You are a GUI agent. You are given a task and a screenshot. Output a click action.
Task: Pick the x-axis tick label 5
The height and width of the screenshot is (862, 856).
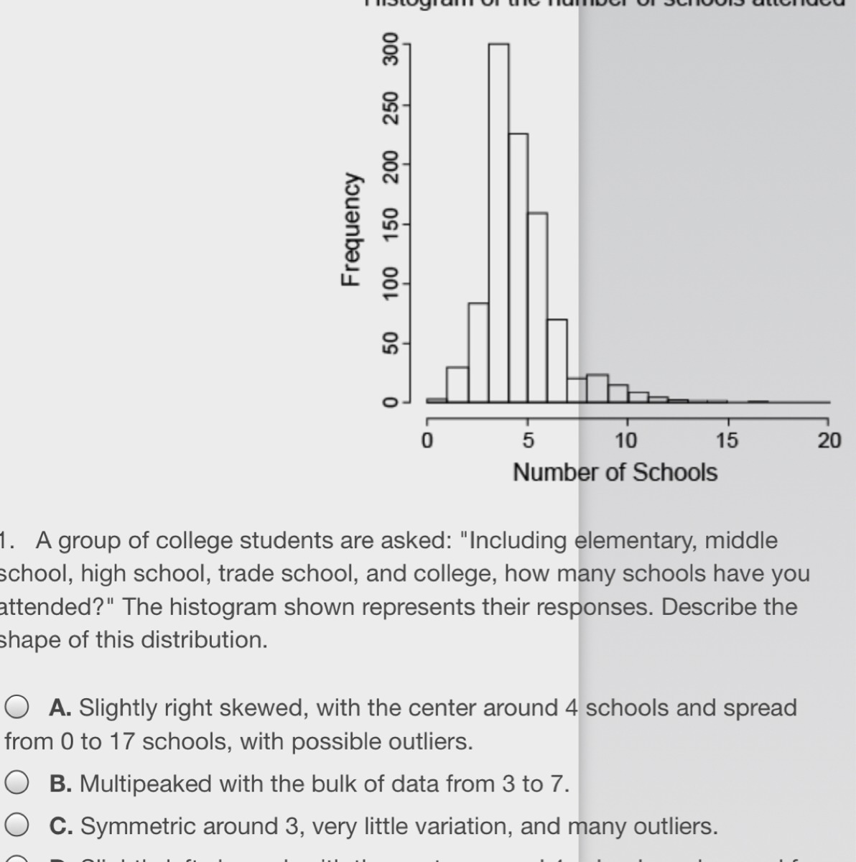tap(527, 440)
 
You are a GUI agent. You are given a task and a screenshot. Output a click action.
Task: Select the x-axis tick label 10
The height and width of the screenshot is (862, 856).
tap(627, 440)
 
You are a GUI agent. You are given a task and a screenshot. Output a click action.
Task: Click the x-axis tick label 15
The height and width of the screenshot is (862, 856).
tap(727, 440)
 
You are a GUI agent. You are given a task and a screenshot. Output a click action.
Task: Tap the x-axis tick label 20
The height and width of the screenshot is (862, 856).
tap(829, 440)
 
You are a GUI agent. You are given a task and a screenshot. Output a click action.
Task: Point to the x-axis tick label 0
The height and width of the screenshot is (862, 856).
tap(427, 440)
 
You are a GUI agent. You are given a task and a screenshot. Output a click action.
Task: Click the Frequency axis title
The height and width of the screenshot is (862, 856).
tap(350, 229)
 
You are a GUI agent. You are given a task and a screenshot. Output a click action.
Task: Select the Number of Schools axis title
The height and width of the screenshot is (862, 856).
tap(615, 473)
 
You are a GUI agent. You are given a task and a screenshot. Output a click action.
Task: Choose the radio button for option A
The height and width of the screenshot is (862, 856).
tap(17, 708)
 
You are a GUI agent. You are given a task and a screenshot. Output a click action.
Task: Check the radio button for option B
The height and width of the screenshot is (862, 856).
tap(17, 784)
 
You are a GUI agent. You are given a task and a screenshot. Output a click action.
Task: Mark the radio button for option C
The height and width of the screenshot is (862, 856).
tap(17, 827)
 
